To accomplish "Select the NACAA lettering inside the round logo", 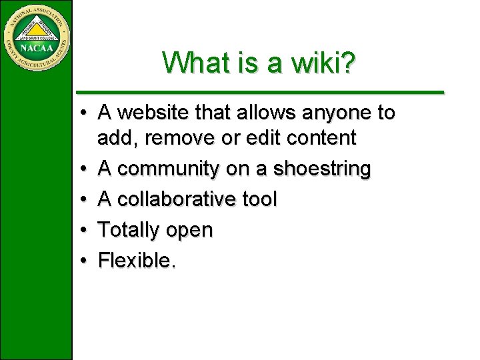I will point(36,48).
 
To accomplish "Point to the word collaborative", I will point(175,199).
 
